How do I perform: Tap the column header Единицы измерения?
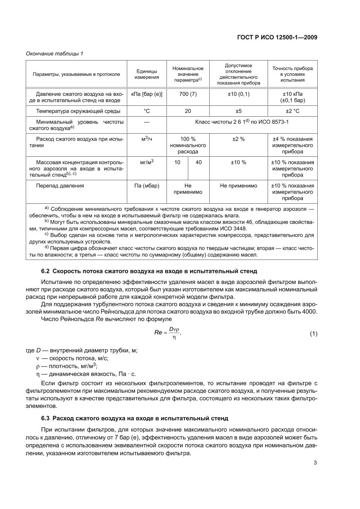point(146,74)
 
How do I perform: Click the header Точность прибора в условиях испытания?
point(292,74)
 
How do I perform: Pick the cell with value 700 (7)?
point(188,94)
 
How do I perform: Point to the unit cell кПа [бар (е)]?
point(146,94)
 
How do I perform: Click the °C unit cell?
point(146,111)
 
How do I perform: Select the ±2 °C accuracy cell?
point(292,111)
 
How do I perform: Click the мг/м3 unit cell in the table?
point(146,162)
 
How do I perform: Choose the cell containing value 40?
point(199,162)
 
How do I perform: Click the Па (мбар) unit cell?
point(146,185)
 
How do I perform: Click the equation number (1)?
point(313,334)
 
